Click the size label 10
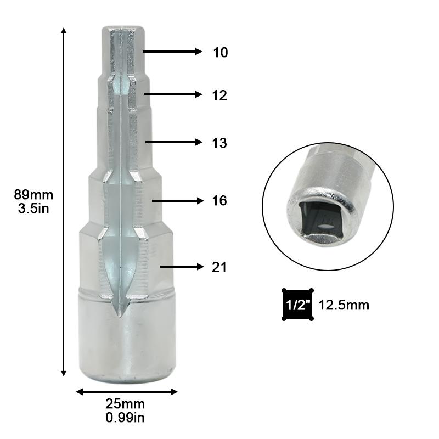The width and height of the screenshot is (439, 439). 220,53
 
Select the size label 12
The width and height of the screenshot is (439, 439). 219,95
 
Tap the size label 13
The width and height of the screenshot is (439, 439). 219,143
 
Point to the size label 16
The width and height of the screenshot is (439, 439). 219,201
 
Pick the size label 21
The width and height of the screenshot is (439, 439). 219,268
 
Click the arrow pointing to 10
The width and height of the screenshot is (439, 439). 173,52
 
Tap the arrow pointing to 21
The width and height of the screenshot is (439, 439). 181,267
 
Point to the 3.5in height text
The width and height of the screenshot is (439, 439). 33,209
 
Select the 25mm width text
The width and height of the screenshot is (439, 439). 126,405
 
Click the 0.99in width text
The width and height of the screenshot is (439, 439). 126,418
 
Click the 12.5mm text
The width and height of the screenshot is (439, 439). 344,305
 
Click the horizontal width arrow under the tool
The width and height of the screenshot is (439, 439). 126,392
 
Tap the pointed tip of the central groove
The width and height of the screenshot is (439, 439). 118,314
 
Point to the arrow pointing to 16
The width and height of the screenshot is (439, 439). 177,201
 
